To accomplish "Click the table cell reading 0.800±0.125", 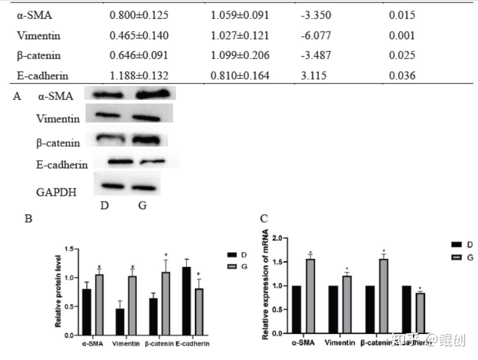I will [139, 16].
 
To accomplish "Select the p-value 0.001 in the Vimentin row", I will [402, 36].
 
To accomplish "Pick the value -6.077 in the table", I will [316, 36].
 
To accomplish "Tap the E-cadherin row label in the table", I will [42, 76].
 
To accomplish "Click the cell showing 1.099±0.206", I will [240, 55].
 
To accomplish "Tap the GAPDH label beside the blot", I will [56, 192].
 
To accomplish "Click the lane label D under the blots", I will [104, 206].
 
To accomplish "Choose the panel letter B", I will [28, 218].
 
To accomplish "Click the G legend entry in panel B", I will [244, 266].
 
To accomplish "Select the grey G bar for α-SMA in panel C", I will [310, 296].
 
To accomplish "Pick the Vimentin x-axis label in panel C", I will [339, 343].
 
